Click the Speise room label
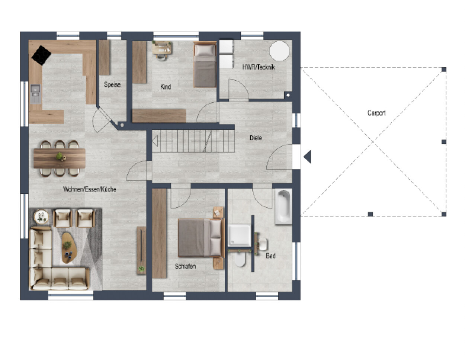[112, 84]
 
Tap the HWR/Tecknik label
[258, 67]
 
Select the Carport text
[376, 113]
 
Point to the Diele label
[256, 138]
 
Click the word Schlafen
[185, 266]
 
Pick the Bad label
[270, 255]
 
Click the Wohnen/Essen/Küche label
[90, 189]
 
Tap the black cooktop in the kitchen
[41, 55]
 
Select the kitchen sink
[35, 94]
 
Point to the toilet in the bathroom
[240, 260]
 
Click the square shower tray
[239, 235]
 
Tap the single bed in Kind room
[205, 65]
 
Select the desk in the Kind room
[162, 48]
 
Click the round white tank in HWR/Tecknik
[279, 51]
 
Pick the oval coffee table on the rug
[69, 248]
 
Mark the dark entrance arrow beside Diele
[308, 157]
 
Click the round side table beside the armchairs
[41, 217]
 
